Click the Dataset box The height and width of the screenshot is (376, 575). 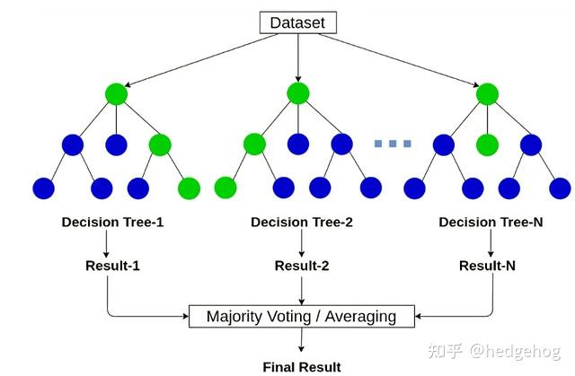click(297, 22)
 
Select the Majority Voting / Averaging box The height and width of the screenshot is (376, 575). click(301, 316)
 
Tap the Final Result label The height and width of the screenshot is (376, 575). click(301, 366)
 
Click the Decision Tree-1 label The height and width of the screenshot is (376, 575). click(112, 222)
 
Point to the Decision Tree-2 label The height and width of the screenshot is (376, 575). click(301, 222)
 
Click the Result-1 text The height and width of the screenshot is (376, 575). click(112, 266)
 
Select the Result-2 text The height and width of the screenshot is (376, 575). click(301, 266)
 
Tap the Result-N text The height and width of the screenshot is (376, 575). click(488, 266)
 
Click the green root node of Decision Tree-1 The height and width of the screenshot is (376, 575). click(116, 93)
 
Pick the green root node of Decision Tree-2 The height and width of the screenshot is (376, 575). click(298, 93)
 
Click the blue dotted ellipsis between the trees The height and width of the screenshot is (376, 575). click(393, 144)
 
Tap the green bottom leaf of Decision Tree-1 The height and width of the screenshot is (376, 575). click(190, 188)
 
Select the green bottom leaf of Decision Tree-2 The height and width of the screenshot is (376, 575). click(226, 188)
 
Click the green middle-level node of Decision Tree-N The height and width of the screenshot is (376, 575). click(487, 144)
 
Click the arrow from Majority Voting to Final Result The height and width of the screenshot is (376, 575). click(301, 341)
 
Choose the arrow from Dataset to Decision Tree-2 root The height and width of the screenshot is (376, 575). click(298, 57)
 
